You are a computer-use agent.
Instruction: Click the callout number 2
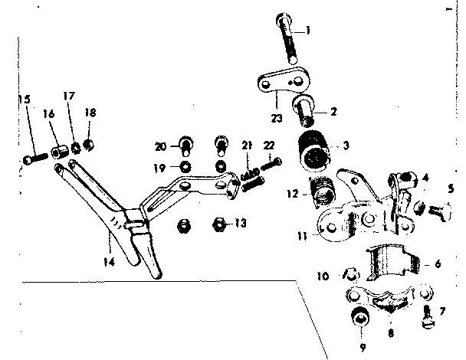335,111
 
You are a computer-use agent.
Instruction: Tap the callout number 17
69,97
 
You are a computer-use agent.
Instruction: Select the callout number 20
159,146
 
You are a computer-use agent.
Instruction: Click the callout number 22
268,146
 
